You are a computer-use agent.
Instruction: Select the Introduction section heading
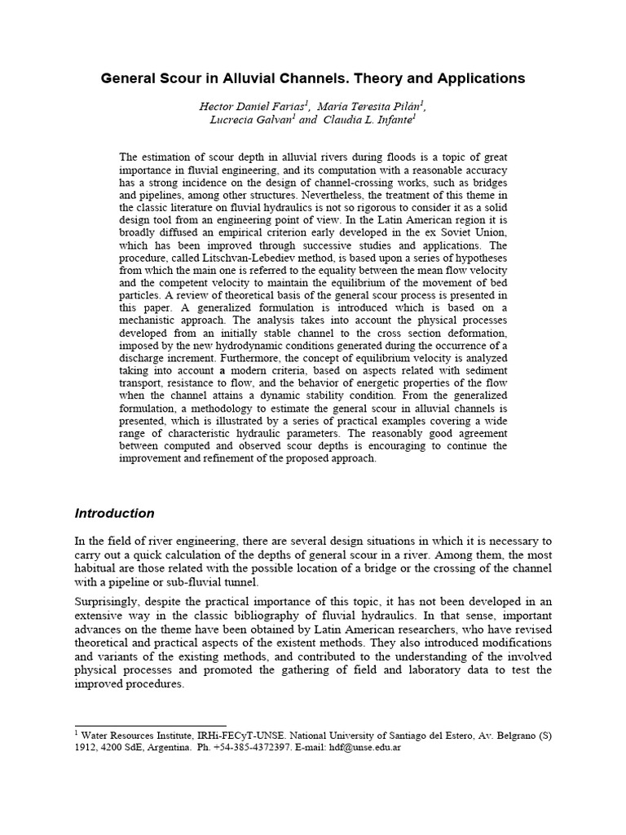coord(114,514)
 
